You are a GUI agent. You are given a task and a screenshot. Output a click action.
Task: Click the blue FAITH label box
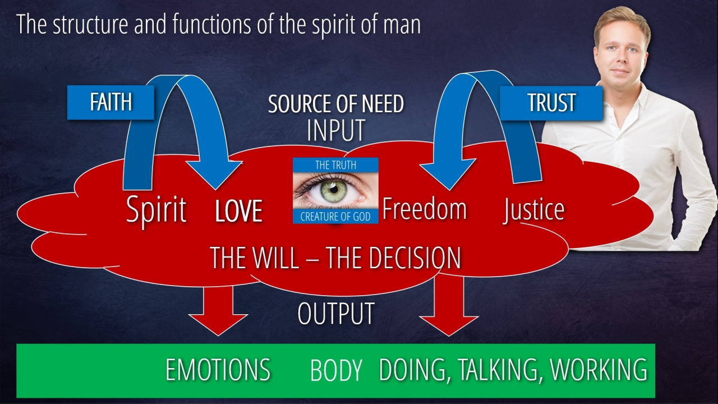(111, 102)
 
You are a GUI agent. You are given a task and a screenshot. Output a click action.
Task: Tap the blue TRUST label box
(551, 103)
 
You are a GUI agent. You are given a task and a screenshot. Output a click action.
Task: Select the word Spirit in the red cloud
(156, 210)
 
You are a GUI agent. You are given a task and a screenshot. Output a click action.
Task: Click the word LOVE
(239, 211)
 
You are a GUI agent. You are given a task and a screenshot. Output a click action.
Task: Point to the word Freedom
(424, 209)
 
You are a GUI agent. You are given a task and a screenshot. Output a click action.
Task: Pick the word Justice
(533, 210)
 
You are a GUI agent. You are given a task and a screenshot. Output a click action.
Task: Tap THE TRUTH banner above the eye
(335, 165)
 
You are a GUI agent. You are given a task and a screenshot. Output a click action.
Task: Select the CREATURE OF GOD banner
(335, 217)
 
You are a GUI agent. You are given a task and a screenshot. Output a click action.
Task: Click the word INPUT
(336, 131)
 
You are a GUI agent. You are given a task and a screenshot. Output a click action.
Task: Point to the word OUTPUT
(336, 314)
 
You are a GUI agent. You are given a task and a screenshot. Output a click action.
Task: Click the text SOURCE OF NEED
(336, 104)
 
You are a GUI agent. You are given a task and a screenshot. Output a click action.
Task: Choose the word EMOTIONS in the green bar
(218, 370)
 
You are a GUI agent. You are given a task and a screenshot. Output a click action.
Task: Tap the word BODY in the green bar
(336, 371)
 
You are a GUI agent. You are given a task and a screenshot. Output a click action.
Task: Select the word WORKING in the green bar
(599, 370)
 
